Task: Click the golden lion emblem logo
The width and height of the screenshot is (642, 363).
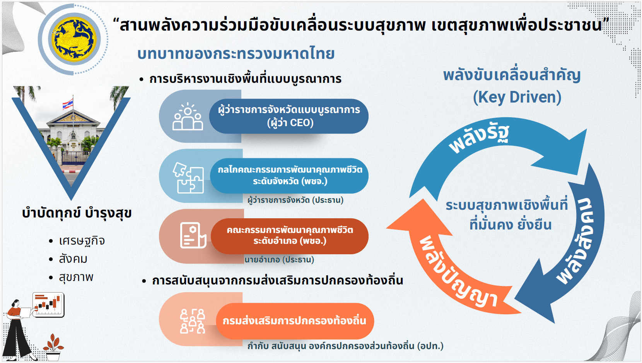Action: point(74,39)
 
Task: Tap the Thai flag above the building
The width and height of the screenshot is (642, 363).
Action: point(68,103)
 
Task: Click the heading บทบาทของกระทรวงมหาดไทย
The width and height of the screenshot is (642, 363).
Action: point(236,54)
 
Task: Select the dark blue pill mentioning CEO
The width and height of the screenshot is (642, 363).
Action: point(289,116)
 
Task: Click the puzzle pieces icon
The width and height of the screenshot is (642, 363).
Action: point(188,178)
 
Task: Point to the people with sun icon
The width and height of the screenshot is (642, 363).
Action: point(188,116)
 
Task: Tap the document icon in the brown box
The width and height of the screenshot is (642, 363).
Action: point(193,235)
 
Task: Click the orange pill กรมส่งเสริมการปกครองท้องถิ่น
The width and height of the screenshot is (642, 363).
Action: point(295,321)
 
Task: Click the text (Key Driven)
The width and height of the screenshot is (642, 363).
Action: point(517,97)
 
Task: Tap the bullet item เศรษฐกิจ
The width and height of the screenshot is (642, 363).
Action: point(82,241)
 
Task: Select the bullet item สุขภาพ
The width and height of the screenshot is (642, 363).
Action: point(76,277)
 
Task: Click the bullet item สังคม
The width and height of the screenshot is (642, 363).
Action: point(73,259)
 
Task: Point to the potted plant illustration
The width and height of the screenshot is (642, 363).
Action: point(53,347)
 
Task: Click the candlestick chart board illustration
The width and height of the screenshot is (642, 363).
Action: point(48,305)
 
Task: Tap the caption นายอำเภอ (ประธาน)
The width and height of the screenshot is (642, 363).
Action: point(279,260)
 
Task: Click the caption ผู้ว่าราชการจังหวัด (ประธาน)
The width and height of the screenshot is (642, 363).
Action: point(295,200)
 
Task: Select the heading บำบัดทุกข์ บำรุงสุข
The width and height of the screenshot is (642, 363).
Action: point(77,213)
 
